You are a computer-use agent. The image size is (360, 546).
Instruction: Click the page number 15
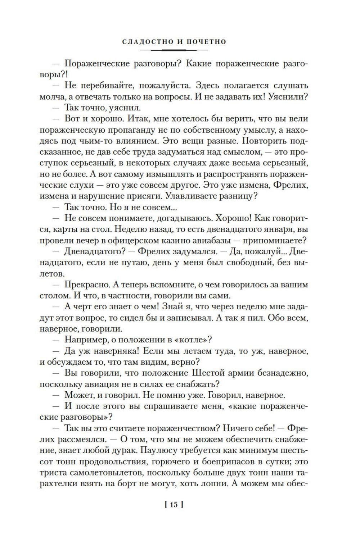coord(174,505)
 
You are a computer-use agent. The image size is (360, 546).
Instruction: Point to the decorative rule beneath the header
coord(174,50)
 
